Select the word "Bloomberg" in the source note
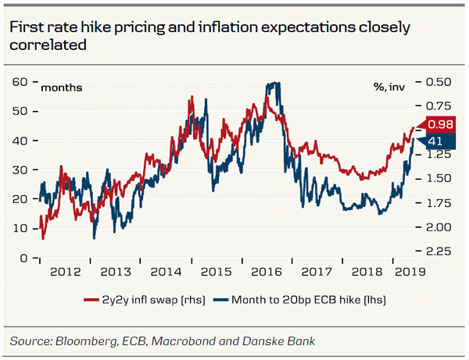click(84, 340)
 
